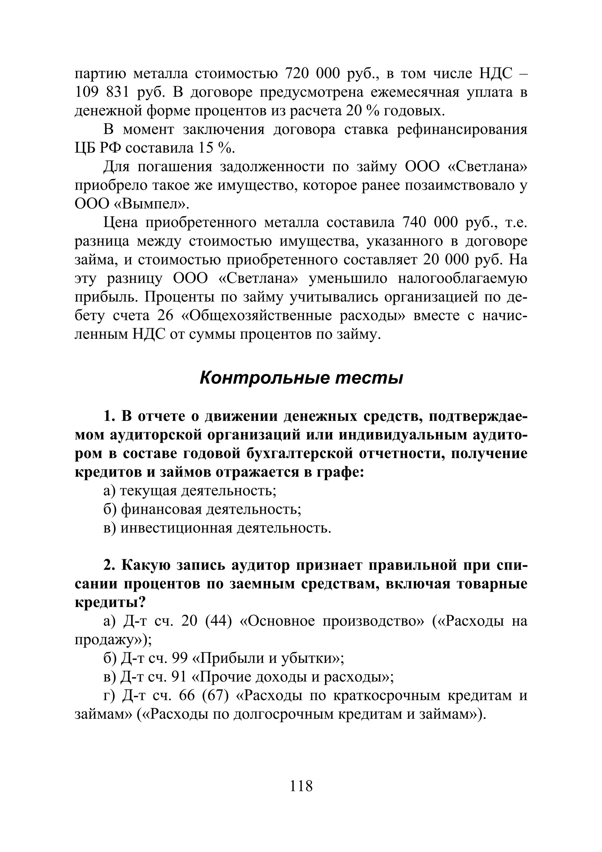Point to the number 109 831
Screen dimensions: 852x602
pyautogui.click(x=102, y=92)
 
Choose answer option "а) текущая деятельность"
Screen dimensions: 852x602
pyautogui.click(x=190, y=491)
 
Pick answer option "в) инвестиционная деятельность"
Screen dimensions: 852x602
pyautogui.click(x=217, y=528)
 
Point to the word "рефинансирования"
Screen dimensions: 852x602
pyautogui.click(x=462, y=129)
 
